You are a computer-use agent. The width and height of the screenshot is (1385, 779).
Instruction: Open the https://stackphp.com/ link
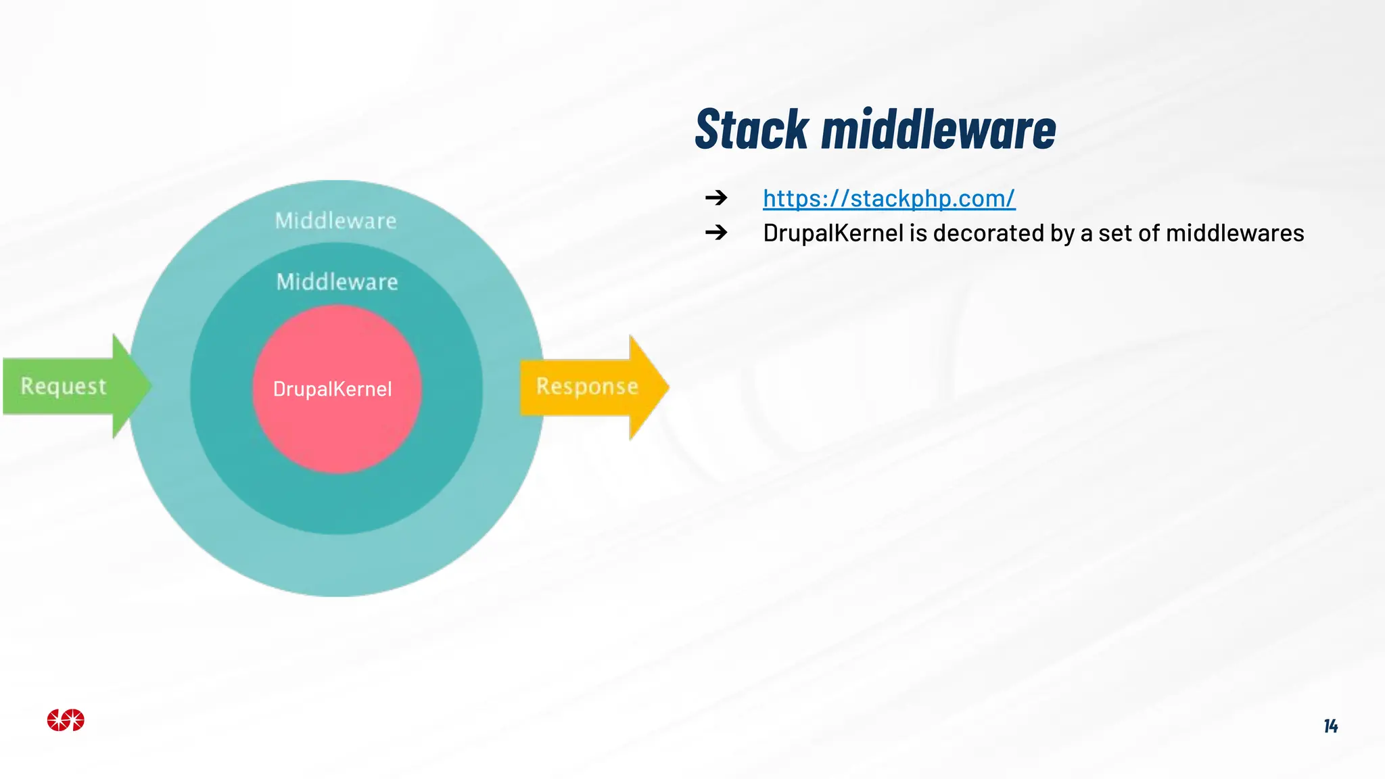889,198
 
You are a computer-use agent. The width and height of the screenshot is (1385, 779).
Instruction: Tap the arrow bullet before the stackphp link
716,197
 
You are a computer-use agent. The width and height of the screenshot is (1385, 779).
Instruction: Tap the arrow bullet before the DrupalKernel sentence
716,233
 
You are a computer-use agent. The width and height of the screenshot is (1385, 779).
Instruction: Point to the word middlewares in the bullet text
1235,233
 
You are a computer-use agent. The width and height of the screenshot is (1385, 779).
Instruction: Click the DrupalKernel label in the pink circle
332,389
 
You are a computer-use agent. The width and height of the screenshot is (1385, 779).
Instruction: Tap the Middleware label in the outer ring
335,220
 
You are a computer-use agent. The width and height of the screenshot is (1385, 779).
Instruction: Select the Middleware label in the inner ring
337,281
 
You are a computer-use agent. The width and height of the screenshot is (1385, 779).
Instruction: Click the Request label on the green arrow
64,386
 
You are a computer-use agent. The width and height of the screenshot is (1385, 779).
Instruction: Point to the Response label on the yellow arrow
587,386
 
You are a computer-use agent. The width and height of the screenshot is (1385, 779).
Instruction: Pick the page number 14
1330,726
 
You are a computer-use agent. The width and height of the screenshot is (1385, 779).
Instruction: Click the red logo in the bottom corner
66,720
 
